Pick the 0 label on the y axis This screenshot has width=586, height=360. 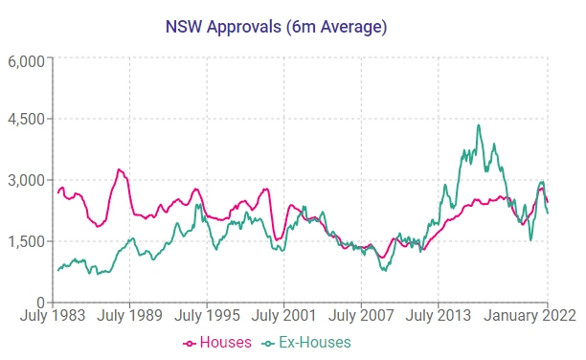[42, 302]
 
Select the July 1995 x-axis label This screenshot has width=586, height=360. [206, 314]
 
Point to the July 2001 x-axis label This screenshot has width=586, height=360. [283, 314]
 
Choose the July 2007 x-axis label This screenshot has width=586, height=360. [361, 314]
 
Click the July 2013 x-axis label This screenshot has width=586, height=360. [439, 314]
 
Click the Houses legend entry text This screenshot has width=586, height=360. [226, 342]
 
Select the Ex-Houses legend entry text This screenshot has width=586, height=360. [315, 342]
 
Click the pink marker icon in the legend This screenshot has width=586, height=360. [190, 343]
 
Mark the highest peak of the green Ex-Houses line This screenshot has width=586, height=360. [479, 125]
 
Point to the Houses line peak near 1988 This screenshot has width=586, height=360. [119, 169]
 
